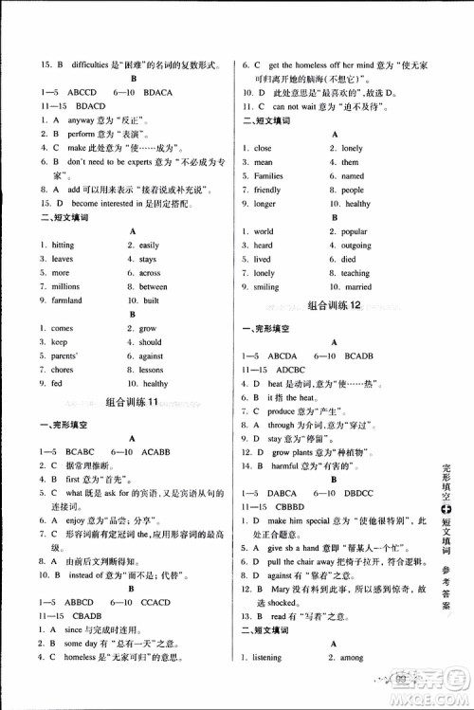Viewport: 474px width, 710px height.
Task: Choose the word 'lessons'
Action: click(x=152, y=370)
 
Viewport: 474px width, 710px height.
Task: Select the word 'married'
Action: click(x=357, y=286)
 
